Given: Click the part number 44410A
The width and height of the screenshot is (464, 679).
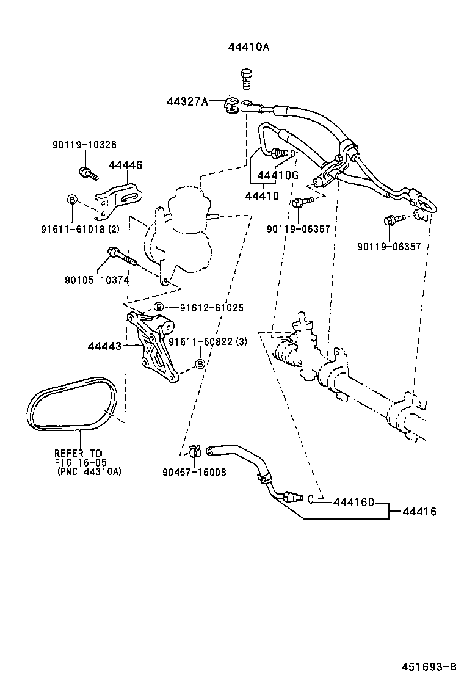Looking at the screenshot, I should (x=248, y=47).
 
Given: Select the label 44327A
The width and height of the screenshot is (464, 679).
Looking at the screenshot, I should (x=187, y=101).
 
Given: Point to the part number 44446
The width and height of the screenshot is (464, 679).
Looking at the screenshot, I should (x=125, y=165).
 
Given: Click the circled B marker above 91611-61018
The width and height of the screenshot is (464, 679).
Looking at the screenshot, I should (x=71, y=200).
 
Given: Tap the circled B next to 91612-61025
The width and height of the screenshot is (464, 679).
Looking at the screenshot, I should (x=158, y=307).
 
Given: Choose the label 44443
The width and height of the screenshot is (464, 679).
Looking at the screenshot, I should (x=104, y=346).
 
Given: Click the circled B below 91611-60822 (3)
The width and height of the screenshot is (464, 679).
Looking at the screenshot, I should (x=199, y=364).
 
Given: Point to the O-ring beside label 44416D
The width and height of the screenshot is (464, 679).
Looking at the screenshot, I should (x=311, y=499).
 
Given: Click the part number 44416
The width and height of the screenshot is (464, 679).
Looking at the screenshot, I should (x=419, y=512).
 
